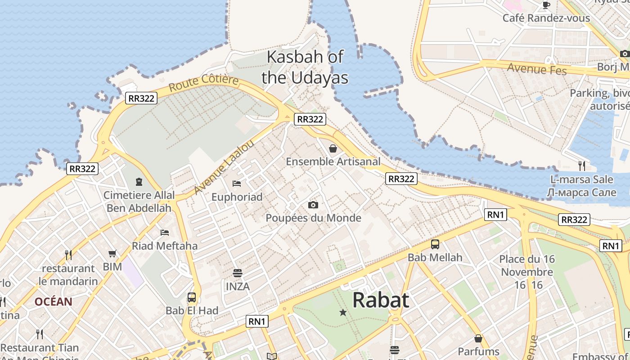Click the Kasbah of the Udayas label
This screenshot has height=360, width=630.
(x=305, y=67)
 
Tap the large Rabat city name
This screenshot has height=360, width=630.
(x=381, y=300)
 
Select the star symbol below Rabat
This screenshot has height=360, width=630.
(x=343, y=312)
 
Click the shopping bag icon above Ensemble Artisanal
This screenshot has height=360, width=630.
(x=333, y=148)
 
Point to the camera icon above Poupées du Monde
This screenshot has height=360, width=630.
(x=313, y=205)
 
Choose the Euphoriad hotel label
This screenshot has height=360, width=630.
(x=237, y=197)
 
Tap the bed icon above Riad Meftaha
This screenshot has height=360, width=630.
(x=165, y=233)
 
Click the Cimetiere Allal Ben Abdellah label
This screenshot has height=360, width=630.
(x=139, y=201)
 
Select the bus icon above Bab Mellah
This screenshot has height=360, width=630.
(x=435, y=244)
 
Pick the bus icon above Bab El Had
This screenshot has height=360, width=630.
(x=192, y=297)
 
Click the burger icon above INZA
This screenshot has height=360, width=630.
(x=238, y=273)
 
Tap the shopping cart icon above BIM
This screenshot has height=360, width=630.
(x=112, y=254)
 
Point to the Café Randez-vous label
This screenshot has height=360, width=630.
(x=546, y=18)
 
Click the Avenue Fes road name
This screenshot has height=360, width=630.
(x=536, y=69)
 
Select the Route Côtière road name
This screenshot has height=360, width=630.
(x=204, y=83)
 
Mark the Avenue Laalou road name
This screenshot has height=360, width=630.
(x=224, y=168)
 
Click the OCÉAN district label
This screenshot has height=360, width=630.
(x=53, y=301)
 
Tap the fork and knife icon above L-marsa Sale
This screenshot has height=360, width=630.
(x=582, y=166)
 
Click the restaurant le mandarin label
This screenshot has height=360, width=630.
(x=68, y=275)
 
